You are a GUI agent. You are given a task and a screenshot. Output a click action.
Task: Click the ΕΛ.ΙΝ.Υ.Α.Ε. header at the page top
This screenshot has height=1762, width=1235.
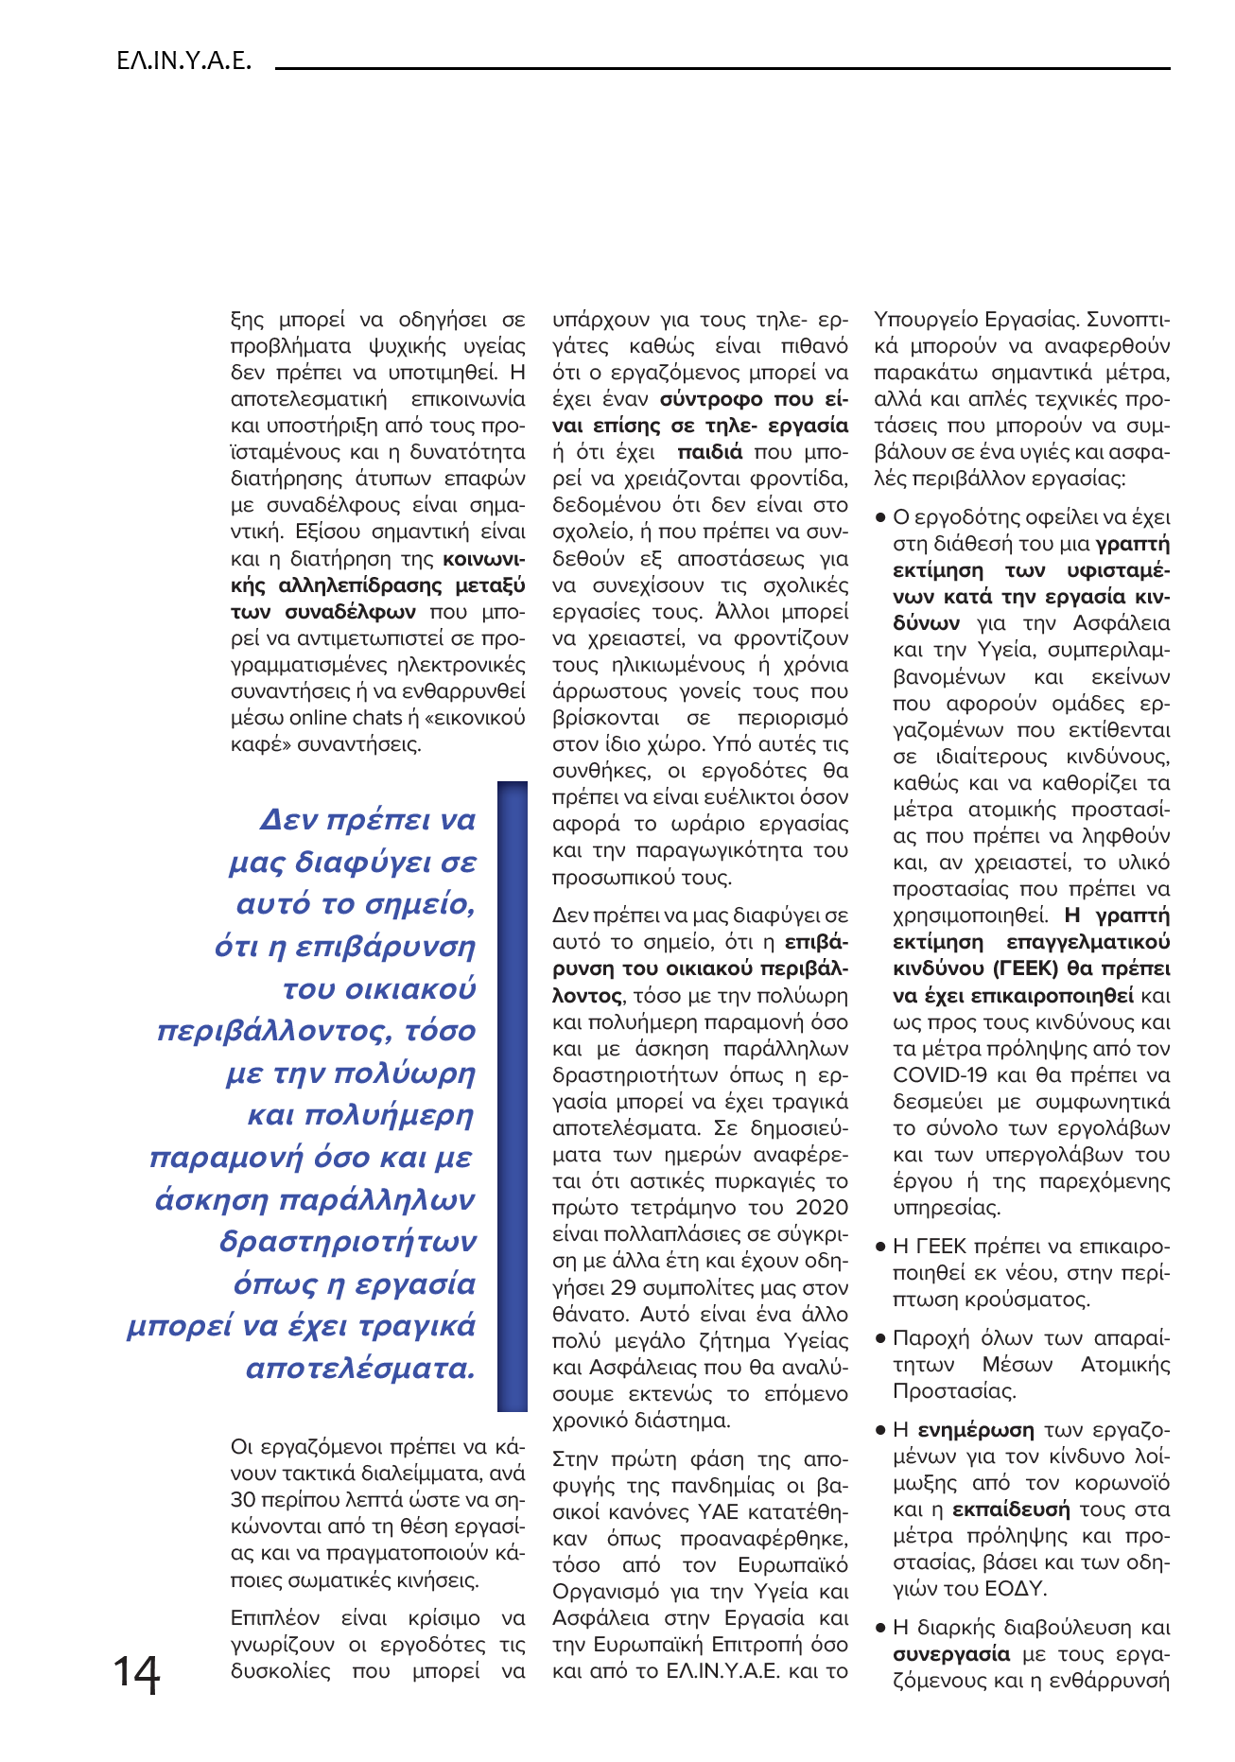pyautogui.click(x=183, y=62)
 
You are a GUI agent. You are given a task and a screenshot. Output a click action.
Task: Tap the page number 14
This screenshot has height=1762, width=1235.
pyautogui.click(x=137, y=1675)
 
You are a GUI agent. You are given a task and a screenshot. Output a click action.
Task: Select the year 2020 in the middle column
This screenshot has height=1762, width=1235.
pyautogui.click(x=822, y=1208)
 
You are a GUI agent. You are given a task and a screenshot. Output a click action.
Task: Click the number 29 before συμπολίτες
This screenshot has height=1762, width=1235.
pyautogui.click(x=623, y=1288)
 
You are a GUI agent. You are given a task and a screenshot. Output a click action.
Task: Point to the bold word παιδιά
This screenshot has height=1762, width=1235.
pyautogui.click(x=710, y=452)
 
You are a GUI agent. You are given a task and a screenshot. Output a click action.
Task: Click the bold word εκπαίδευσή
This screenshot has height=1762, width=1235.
pyautogui.click(x=1011, y=1509)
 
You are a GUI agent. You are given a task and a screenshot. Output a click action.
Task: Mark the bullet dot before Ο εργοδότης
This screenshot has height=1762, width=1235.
pyautogui.click(x=879, y=518)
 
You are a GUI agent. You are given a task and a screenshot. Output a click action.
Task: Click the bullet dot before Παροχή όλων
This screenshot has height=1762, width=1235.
pyautogui.click(x=879, y=1339)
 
